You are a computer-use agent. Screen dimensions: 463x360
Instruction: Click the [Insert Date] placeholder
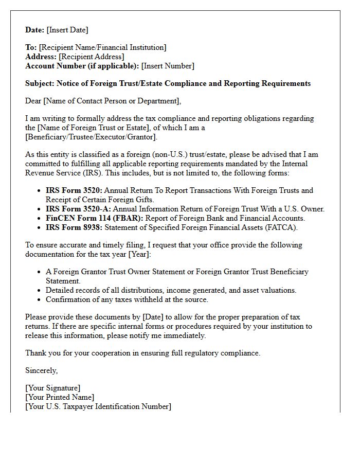pyautogui.click(x=67, y=30)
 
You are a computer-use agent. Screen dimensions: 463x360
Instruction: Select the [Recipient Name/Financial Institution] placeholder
pyautogui.click(x=102, y=47)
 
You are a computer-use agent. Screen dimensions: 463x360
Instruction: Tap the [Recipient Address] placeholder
pyautogui.click(x=91, y=57)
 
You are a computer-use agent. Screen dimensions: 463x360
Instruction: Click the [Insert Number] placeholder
pyautogui.click(x=168, y=66)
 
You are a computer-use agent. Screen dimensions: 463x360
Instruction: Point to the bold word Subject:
pyautogui.click(x=40, y=83)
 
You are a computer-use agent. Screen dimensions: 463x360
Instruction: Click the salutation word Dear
pyautogui.click(x=33, y=101)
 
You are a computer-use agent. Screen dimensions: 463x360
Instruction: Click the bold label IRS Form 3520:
pyautogui.click(x=74, y=190)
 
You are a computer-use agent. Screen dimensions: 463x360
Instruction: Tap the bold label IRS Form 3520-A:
pyautogui.click(x=78, y=209)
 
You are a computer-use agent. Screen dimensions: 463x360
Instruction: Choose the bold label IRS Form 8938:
pyautogui.click(x=74, y=227)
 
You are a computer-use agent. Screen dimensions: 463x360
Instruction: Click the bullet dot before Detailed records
pyautogui.click(x=40, y=291)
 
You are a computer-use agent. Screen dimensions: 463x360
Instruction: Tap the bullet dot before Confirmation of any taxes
pyautogui.click(x=40, y=300)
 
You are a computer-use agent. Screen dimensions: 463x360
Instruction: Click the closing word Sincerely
pyautogui.click(x=41, y=370)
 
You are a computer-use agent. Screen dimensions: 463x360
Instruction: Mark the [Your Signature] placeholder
pyautogui.click(x=53, y=388)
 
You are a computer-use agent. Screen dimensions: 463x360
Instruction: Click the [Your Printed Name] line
pyautogui.click(x=60, y=397)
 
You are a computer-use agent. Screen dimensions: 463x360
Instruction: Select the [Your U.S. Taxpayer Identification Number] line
pyautogui.click(x=98, y=406)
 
